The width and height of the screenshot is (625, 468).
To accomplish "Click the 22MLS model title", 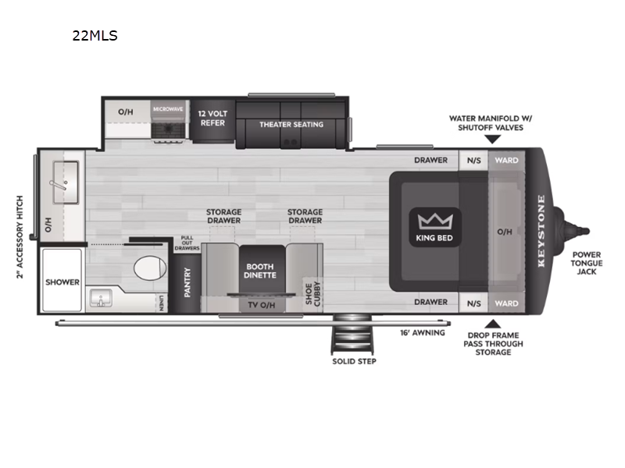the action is click(x=95, y=36).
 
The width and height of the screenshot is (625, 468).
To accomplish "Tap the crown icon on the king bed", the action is click(x=435, y=222).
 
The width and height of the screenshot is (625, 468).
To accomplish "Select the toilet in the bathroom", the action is click(x=150, y=268).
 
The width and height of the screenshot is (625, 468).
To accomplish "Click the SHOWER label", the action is click(x=62, y=282).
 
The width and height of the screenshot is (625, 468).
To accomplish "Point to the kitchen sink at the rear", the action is click(x=66, y=183).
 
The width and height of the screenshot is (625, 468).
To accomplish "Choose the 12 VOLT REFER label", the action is click(x=212, y=119).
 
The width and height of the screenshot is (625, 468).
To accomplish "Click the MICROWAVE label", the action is click(x=168, y=109).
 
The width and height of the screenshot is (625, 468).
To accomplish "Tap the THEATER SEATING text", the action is click(x=291, y=125).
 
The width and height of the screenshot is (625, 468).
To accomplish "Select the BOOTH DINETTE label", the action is click(x=260, y=271).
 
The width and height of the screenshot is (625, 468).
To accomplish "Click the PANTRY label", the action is click(x=187, y=282).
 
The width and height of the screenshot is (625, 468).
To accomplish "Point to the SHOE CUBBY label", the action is click(x=313, y=294).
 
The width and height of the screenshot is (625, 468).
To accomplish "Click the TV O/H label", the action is click(x=262, y=305).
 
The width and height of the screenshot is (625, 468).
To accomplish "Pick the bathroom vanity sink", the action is click(x=101, y=298).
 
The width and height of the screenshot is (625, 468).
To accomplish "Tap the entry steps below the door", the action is click(x=353, y=334).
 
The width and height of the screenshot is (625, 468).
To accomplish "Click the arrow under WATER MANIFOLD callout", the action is click(x=493, y=140).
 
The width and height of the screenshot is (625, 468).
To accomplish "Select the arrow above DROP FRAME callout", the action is click(x=493, y=324).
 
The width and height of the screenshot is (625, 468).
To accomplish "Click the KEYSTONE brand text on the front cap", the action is click(x=541, y=231).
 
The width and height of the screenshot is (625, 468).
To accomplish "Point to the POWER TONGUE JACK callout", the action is click(x=587, y=263).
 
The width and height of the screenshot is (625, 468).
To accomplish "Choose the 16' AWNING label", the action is click(x=423, y=333).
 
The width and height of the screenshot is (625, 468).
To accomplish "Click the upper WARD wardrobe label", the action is click(x=506, y=161).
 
